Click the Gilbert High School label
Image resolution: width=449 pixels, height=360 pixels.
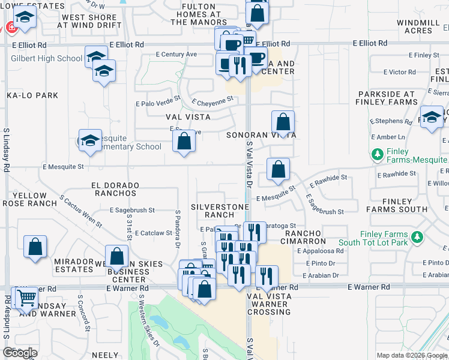pyautogui.click(x=46, y=58)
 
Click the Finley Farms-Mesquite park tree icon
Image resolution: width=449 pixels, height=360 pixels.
pyautogui.click(x=378, y=155)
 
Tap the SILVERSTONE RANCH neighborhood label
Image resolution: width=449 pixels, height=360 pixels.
pyautogui.click(x=220, y=211)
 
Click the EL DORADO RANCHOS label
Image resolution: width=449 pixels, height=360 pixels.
pyautogui.click(x=115, y=190)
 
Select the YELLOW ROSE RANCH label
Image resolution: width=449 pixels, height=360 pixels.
pyautogui.click(x=29, y=199)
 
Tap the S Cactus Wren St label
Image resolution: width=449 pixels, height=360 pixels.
pyautogui.click(x=81, y=211)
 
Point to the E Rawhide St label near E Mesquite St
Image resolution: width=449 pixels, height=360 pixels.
pyautogui.click(x=328, y=180)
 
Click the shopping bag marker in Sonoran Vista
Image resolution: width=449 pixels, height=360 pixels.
pyautogui.click(x=283, y=122)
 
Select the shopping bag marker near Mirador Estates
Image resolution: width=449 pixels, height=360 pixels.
pyautogui.click(x=35, y=246)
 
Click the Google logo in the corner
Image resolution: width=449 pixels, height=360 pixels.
pyautogui.click(x=20, y=353)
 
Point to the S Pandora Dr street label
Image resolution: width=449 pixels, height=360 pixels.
pyautogui.click(x=178, y=229)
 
